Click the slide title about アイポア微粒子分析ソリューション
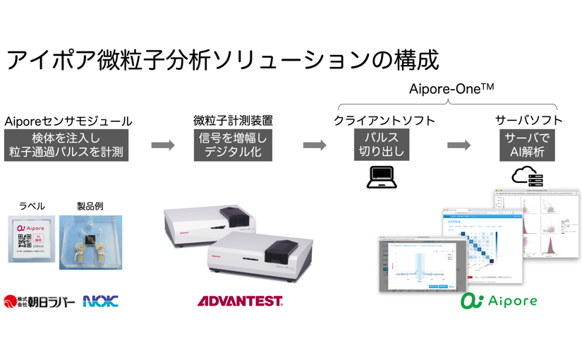pos(222,59)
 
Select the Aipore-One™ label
pos(451,90)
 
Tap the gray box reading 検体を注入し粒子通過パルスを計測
pos(67,145)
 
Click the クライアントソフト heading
pos(382,121)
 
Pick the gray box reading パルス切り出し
pos(382,145)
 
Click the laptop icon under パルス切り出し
pos(382,177)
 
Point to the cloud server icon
pos(528,176)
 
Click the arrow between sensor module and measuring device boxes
pos(163,145)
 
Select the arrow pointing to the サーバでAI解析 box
pos(459,145)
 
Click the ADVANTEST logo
pos(240,301)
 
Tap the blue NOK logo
pos(100,301)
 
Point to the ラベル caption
pos(31,206)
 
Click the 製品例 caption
pos(90,206)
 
